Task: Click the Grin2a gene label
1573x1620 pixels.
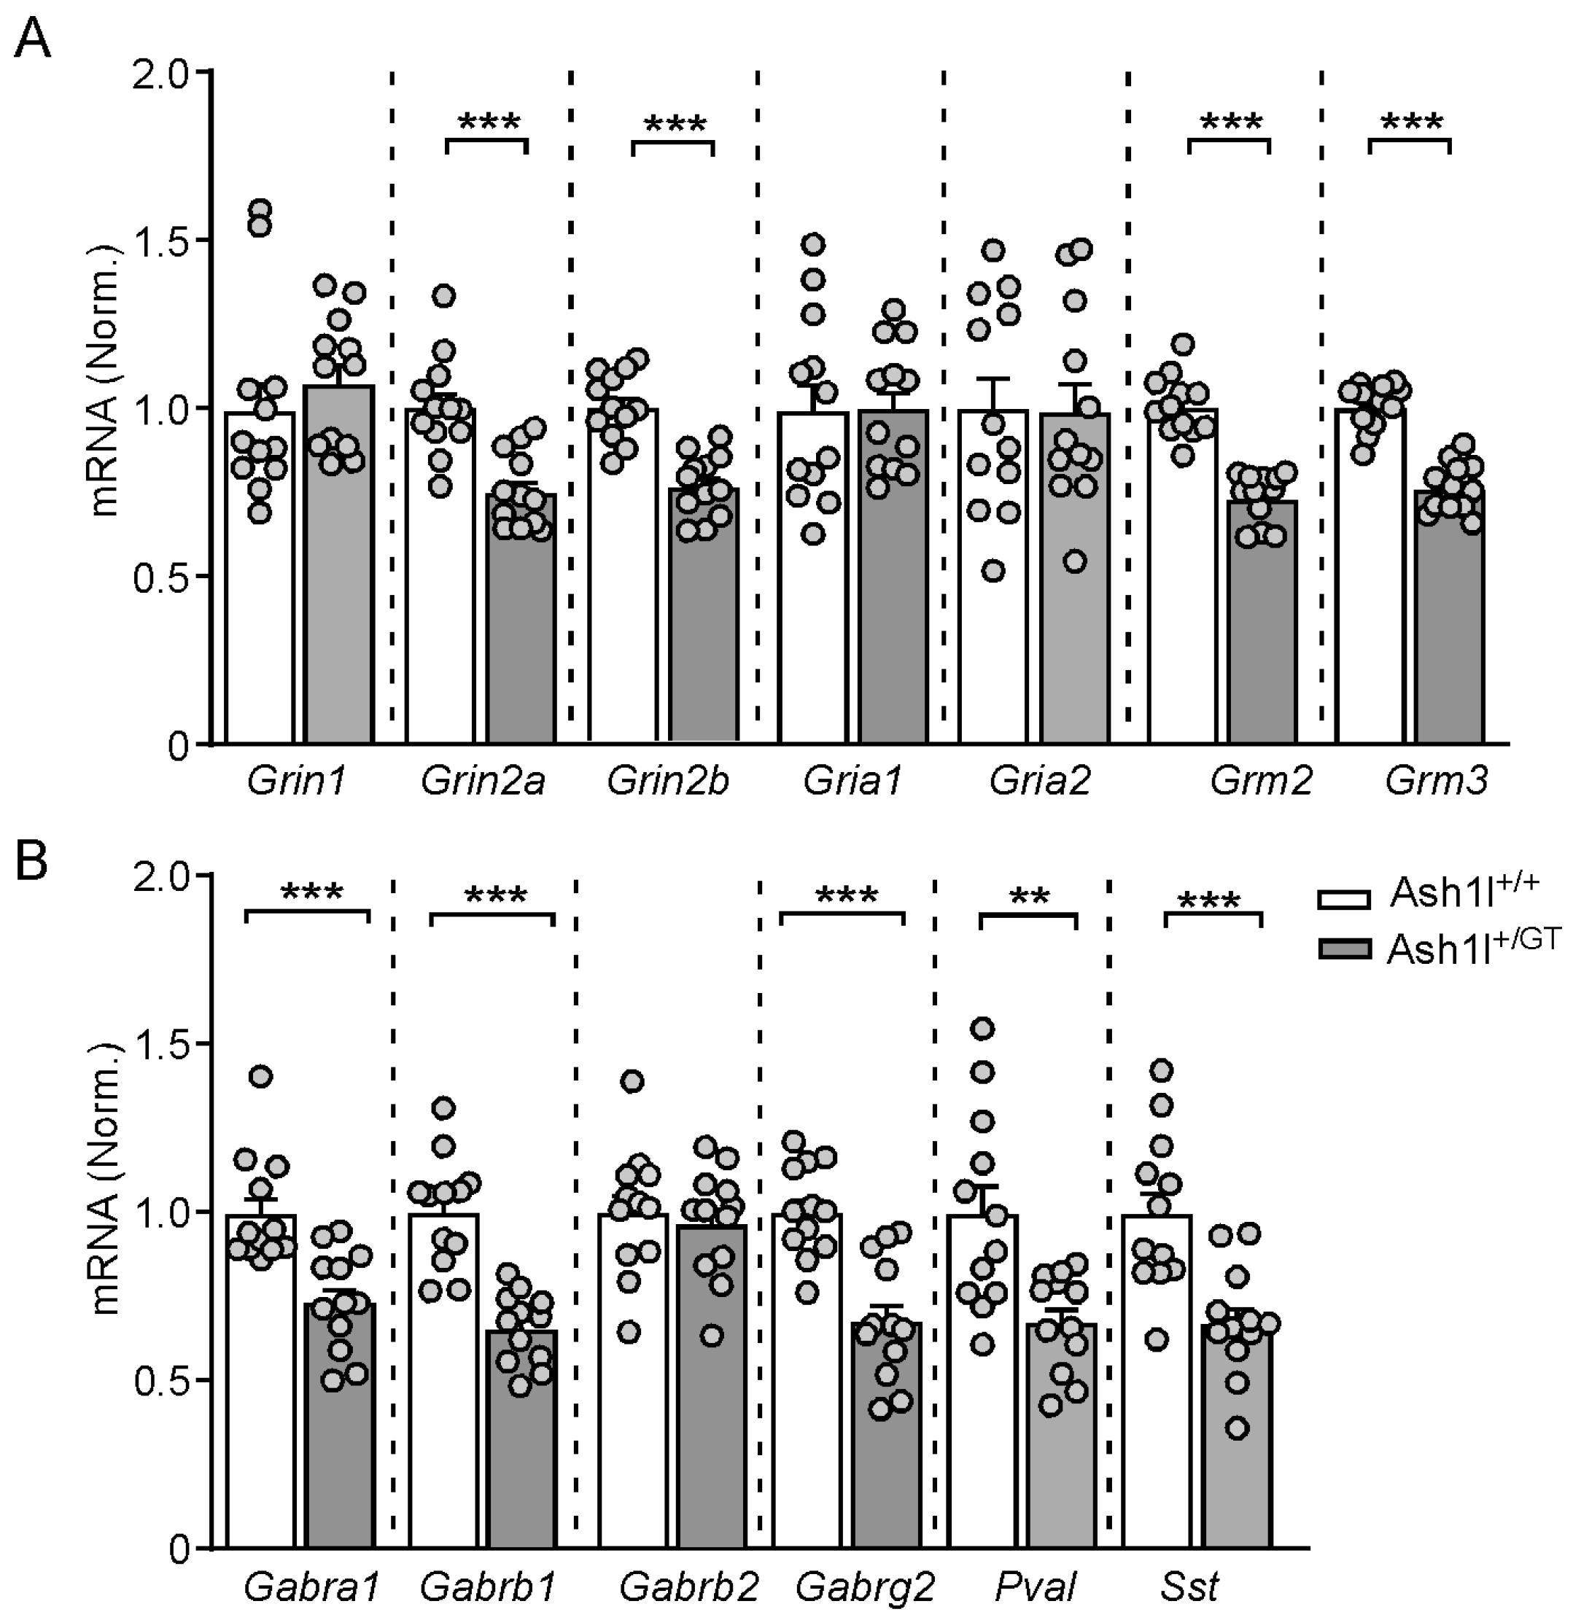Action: [x=483, y=781]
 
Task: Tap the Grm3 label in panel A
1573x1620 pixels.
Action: [x=1436, y=781]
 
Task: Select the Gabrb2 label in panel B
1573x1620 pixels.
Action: [x=688, y=1587]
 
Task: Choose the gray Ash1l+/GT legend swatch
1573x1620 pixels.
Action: [x=1343, y=950]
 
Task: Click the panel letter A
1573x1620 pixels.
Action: [x=33, y=39]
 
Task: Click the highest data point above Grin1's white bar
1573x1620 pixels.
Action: [x=261, y=209]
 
